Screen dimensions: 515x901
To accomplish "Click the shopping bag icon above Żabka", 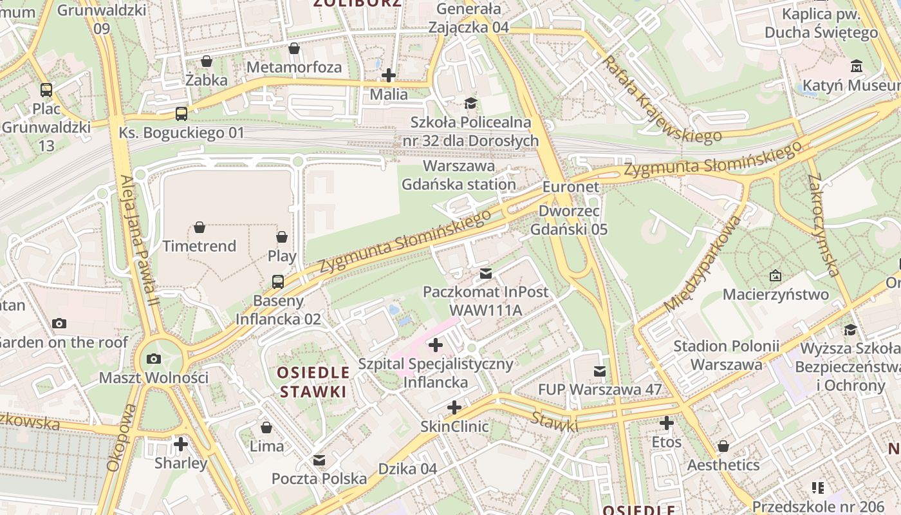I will pyautogui.click(x=207, y=61).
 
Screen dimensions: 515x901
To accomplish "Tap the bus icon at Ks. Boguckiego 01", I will pyautogui.click(x=181, y=114).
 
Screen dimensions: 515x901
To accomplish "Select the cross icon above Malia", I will pyautogui.click(x=389, y=75).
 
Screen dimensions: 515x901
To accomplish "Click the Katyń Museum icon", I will pyautogui.click(x=857, y=66).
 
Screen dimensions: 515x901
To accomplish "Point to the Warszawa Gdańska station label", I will pyautogui.click(x=459, y=175).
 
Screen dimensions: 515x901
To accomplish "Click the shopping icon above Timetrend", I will pyautogui.click(x=200, y=227).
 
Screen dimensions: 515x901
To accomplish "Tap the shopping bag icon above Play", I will pyautogui.click(x=282, y=237).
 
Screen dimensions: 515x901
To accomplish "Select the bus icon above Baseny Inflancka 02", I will pyautogui.click(x=278, y=281).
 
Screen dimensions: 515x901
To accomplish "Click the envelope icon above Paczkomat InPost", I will pyautogui.click(x=486, y=274).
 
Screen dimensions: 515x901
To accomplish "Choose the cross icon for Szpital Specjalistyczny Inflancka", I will pyautogui.click(x=436, y=345).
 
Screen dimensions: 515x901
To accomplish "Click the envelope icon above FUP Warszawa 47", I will pyautogui.click(x=600, y=371).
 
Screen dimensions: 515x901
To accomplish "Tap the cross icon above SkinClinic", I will pyautogui.click(x=454, y=407).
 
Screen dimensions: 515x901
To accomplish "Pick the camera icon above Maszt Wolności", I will pyautogui.click(x=154, y=359).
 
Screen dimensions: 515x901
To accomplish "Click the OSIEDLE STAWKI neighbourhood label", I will pyautogui.click(x=313, y=382).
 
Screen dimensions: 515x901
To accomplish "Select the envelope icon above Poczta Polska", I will pyautogui.click(x=319, y=460).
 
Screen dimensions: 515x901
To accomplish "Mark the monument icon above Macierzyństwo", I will pyautogui.click(x=776, y=276).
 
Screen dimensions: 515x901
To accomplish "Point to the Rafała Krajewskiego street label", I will pyautogui.click(x=661, y=100).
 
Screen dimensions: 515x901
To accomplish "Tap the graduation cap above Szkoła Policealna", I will pyautogui.click(x=471, y=104).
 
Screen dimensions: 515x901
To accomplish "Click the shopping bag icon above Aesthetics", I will pyautogui.click(x=723, y=446).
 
